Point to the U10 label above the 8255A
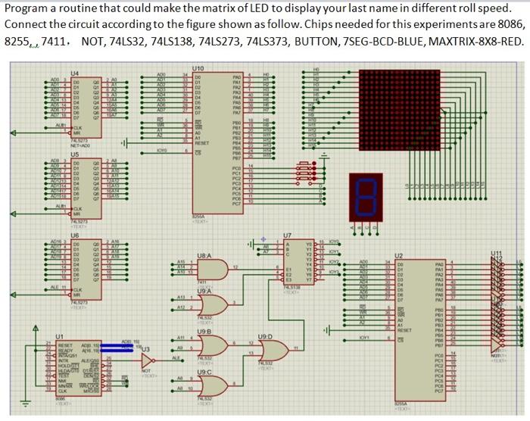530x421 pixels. point(198,67)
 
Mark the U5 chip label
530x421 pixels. point(74,154)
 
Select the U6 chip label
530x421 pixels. point(74,235)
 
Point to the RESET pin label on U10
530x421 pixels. point(202,141)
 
